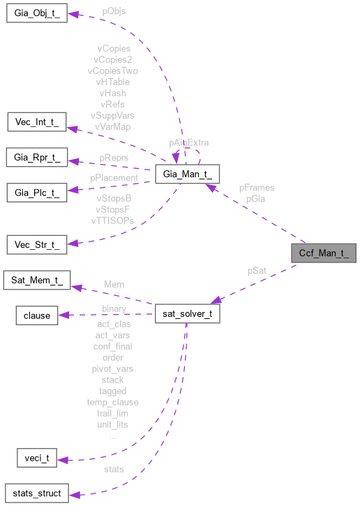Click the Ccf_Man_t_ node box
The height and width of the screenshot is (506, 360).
(324, 253)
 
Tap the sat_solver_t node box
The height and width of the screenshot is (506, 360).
(187, 314)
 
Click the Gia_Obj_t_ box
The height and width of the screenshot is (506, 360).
(36, 13)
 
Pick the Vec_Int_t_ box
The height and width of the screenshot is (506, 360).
(36, 123)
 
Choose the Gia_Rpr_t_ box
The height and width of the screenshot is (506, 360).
(36, 158)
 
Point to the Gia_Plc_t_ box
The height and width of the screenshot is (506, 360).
(36, 191)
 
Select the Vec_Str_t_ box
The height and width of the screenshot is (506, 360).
(36, 244)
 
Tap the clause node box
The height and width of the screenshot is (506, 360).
(36, 315)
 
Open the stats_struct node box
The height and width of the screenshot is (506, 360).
(36, 493)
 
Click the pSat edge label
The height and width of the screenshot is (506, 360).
(257, 270)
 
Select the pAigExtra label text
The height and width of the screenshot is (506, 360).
(188, 142)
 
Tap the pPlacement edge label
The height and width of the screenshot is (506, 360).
(114, 178)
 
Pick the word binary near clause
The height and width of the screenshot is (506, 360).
(114, 307)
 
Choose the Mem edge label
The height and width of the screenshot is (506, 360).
(114, 285)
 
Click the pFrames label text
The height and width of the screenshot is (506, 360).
(256, 188)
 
